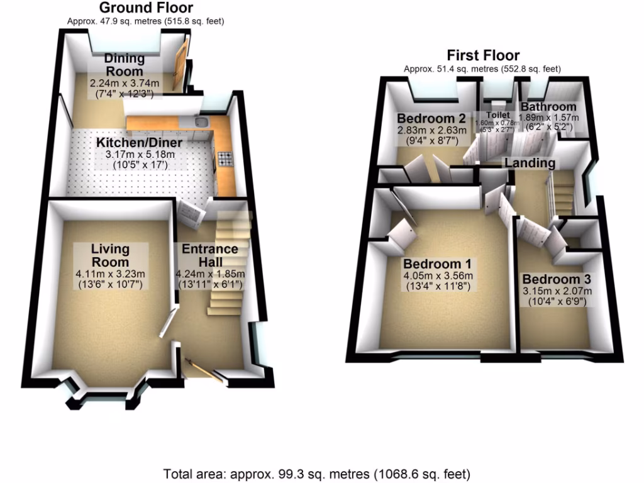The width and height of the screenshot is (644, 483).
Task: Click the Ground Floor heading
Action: (146, 8)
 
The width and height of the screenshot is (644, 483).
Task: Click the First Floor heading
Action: (483, 55)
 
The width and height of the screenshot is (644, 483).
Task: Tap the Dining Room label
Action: (125, 65)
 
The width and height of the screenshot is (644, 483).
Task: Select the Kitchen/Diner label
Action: (139, 142)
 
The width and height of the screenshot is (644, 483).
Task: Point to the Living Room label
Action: (109, 255)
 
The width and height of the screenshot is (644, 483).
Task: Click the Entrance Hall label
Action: (210, 255)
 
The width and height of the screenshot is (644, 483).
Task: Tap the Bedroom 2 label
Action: (431, 118)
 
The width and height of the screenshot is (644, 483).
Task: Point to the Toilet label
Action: (497, 115)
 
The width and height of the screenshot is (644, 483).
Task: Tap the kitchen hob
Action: (225, 158)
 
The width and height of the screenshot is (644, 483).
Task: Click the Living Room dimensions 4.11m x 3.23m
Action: (109, 274)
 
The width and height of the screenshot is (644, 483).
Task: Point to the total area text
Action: (316, 474)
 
